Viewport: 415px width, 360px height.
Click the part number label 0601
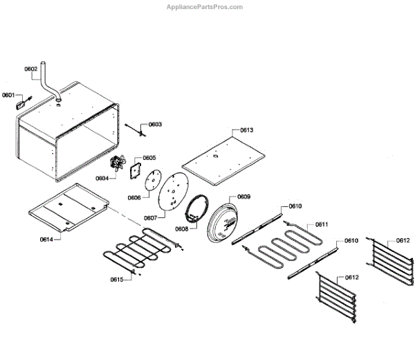point(8,95)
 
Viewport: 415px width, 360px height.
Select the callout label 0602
point(31,69)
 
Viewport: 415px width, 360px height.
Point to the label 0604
point(102,178)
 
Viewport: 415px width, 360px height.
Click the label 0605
point(149,158)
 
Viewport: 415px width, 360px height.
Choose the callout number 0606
point(134,197)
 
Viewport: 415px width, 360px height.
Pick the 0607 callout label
point(150,217)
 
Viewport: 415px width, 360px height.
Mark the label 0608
point(181,228)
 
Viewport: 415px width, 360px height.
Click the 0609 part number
point(244,197)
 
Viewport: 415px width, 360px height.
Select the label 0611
point(322,224)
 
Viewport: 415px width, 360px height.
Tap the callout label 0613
point(247,130)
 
